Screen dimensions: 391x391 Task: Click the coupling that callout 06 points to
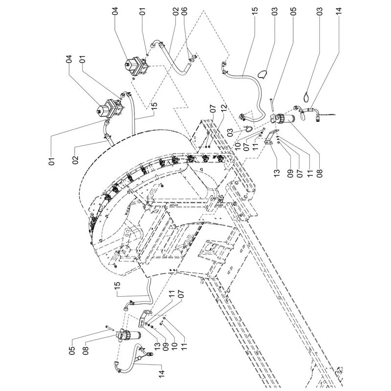[x=193, y=57]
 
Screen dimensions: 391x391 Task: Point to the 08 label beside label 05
[x=86, y=350]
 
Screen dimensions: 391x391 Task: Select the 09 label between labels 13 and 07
[x=290, y=172]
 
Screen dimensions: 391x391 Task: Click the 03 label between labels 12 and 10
[x=230, y=131]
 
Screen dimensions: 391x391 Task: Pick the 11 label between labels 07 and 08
[x=310, y=172]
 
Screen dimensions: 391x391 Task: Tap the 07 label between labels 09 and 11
[x=300, y=172]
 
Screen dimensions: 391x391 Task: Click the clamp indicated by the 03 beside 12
[x=247, y=129]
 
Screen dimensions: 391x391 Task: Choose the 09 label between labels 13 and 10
[x=166, y=347]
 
